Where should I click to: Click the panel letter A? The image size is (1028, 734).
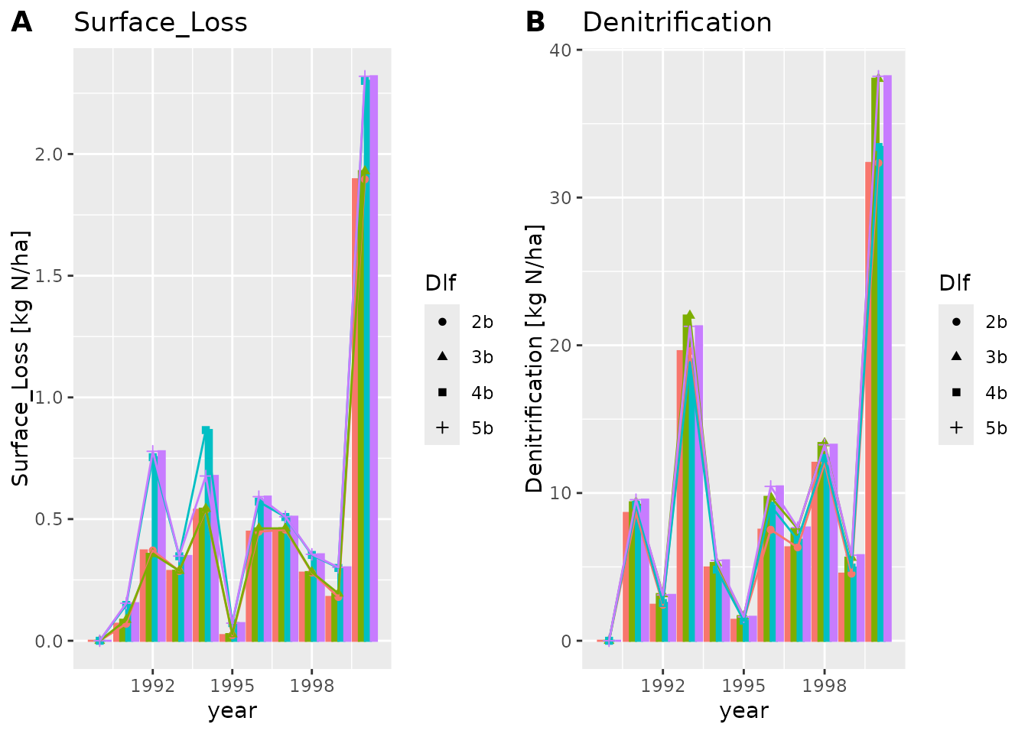click(21, 22)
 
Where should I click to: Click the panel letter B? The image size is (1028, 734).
click(535, 22)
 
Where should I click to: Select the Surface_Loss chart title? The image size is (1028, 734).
click(161, 22)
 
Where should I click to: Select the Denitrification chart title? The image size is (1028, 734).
click(677, 22)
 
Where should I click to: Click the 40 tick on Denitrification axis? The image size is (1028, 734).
click(561, 50)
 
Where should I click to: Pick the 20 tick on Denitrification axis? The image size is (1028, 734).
click(561, 345)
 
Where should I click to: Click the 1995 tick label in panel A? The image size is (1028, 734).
click(233, 685)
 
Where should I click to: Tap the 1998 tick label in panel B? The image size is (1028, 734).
click(824, 685)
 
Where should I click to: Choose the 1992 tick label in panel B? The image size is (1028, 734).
click(663, 685)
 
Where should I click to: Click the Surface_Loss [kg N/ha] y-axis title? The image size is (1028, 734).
click(21, 358)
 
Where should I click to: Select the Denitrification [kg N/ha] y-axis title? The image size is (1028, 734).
click(534, 358)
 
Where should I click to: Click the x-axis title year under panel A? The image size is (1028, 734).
click(233, 711)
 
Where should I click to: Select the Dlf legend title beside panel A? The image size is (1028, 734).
click(441, 284)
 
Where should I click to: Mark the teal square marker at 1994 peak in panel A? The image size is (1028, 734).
click(206, 430)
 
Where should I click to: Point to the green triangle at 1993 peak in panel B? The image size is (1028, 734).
click(689, 315)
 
